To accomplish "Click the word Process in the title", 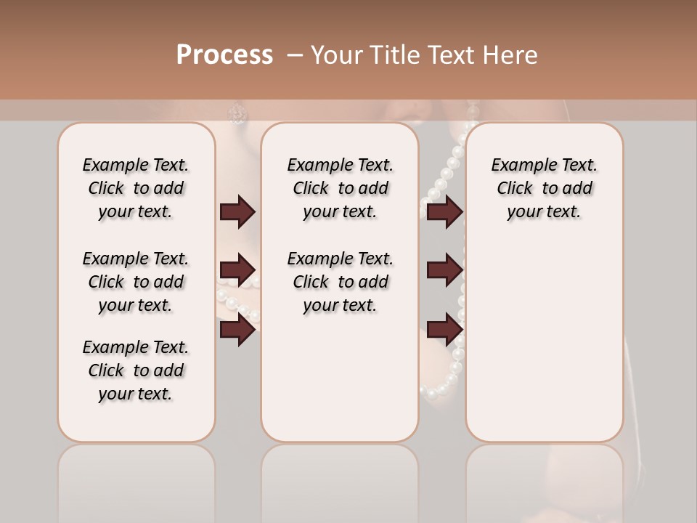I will pyautogui.click(x=224, y=54).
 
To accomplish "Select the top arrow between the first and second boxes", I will pyautogui.click(x=237, y=212).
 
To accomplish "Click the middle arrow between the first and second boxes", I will pyautogui.click(x=237, y=271).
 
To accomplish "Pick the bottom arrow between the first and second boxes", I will pyautogui.click(x=237, y=330).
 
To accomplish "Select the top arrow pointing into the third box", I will pyautogui.click(x=444, y=212).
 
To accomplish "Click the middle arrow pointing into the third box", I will pyautogui.click(x=444, y=271).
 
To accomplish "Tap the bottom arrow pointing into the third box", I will pyautogui.click(x=444, y=330).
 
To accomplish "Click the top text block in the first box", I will pyautogui.click(x=136, y=188).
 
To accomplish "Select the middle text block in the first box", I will pyautogui.click(x=136, y=282).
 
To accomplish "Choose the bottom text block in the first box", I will pyautogui.click(x=136, y=370).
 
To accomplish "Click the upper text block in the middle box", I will pyautogui.click(x=340, y=188).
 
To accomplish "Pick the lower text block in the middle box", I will pyautogui.click(x=340, y=282).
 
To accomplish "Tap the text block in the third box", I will pyautogui.click(x=544, y=188).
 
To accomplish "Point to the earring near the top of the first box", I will pyautogui.click(x=237, y=113).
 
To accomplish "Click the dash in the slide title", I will pyautogui.click(x=294, y=54).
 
